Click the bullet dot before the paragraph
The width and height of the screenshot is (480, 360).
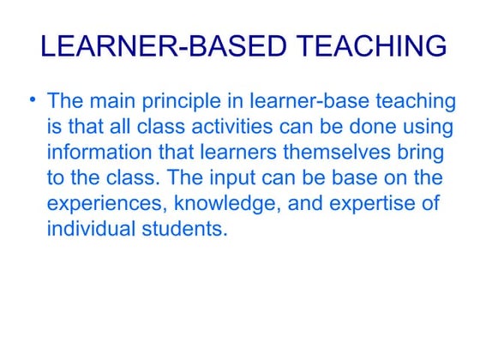pos(32,101)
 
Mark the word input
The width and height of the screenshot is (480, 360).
pos(239,179)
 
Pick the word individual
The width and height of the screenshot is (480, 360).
pos(88,231)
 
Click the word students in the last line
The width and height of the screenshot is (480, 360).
pos(181,231)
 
